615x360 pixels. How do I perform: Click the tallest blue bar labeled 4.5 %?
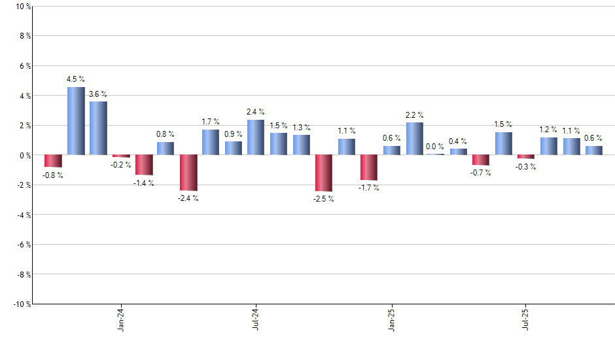(x=76, y=121)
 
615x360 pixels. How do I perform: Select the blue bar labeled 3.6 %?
(x=98, y=128)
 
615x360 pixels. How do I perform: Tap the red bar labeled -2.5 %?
(x=324, y=173)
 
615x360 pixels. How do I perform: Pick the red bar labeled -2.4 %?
(x=188, y=173)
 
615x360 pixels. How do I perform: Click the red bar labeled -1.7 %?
(x=369, y=168)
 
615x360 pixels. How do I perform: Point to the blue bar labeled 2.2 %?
(x=414, y=139)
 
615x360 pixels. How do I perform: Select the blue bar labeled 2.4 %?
(x=256, y=137)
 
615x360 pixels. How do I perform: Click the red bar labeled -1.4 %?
(x=144, y=165)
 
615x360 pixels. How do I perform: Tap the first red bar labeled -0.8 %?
(x=53, y=161)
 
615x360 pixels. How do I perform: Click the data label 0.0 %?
(x=435, y=147)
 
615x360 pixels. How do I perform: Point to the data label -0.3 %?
(x=526, y=166)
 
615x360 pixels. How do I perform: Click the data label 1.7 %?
(x=211, y=122)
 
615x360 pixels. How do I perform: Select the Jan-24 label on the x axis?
(x=121, y=319)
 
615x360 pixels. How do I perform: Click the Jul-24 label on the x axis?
(x=256, y=319)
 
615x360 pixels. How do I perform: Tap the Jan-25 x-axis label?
(x=391, y=319)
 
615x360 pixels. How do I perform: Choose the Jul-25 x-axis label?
(x=526, y=319)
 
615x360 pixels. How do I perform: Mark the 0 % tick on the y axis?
(x=23, y=155)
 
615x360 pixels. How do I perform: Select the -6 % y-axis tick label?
(x=21, y=244)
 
